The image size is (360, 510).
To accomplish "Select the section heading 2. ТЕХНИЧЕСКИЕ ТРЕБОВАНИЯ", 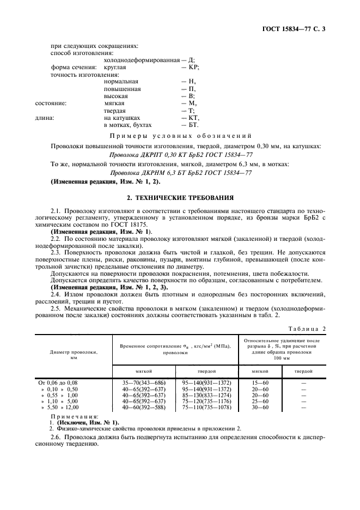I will [x=180, y=198].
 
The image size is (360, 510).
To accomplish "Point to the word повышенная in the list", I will [x=122, y=89].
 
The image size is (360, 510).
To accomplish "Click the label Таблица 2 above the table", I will [x=309, y=328].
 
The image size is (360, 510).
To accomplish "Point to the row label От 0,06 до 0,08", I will [x=58, y=383].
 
